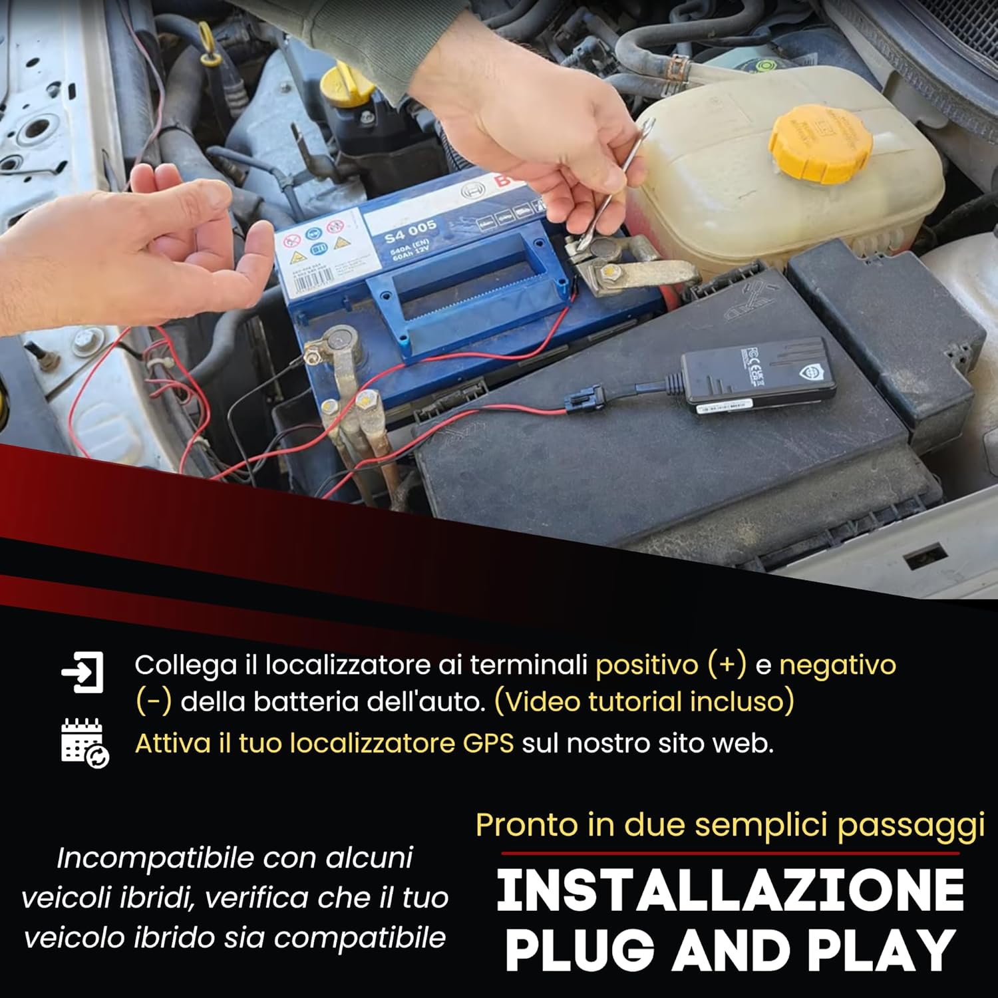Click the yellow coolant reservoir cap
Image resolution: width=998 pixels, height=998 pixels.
tap(820, 143)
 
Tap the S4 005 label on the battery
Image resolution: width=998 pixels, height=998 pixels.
tap(411, 234)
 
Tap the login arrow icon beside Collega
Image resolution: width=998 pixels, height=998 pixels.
tap(83, 673)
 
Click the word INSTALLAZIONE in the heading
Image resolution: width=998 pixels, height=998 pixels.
tap(730, 891)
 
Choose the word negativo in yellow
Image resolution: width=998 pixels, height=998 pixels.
tap(838, 665)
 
